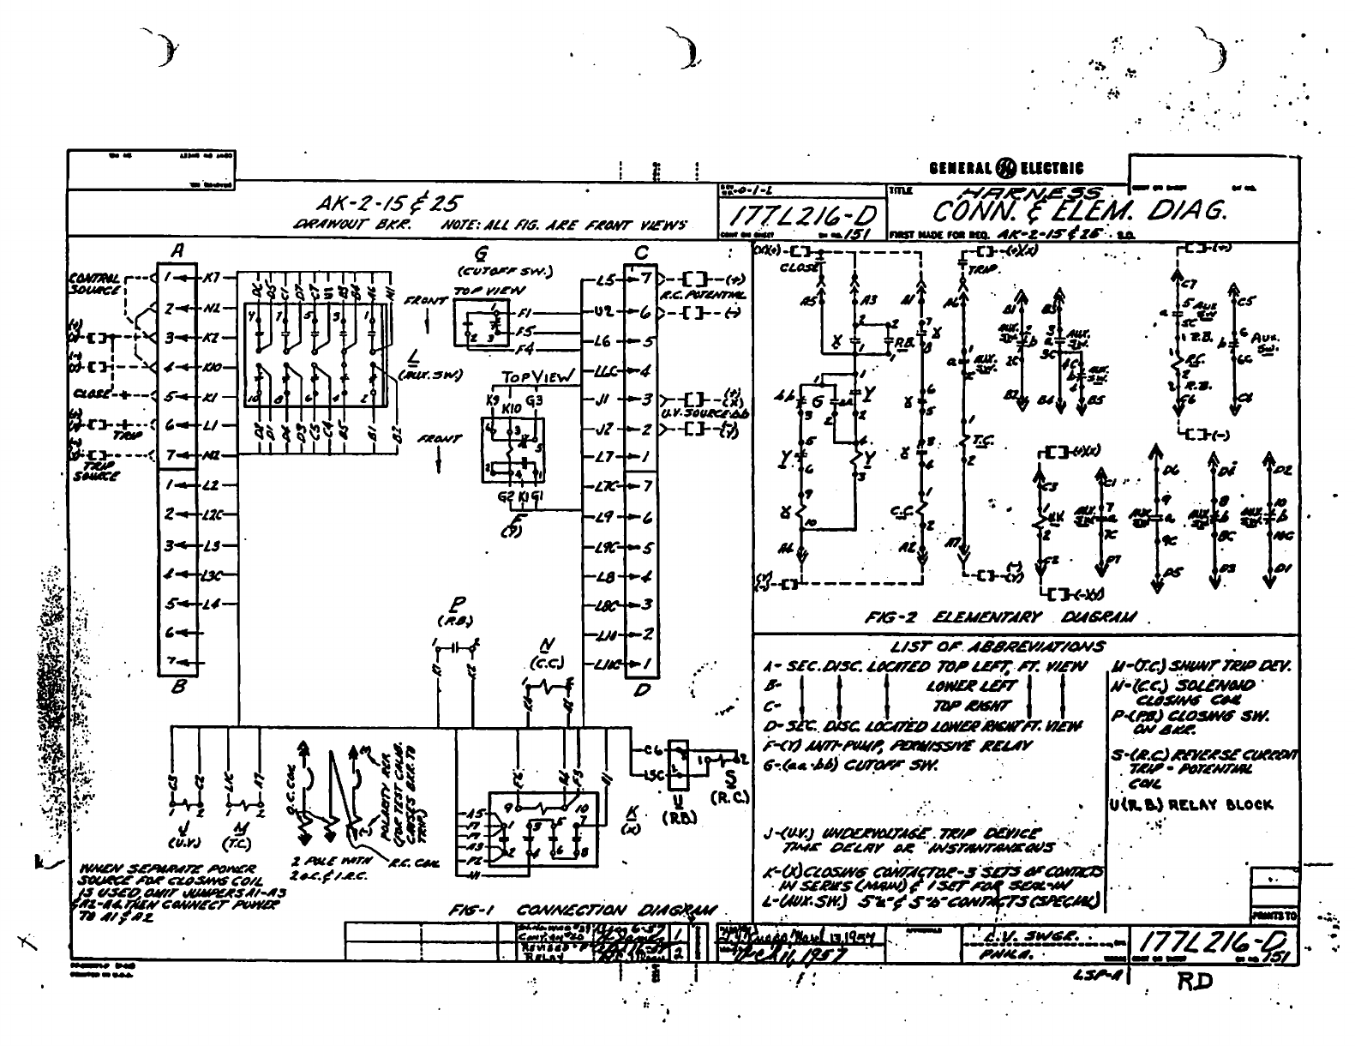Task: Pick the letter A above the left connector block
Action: [x=178, y=251]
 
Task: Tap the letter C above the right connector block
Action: [x=641, y=253]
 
